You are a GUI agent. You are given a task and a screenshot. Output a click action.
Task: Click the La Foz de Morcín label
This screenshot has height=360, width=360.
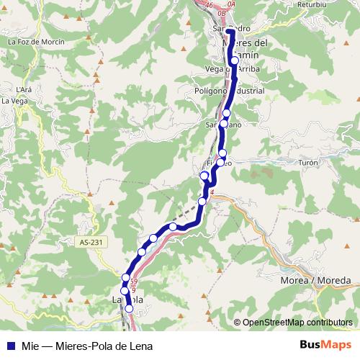[x=35, y=42]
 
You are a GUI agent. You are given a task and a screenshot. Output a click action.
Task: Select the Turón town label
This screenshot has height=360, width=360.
[x=308, y=163]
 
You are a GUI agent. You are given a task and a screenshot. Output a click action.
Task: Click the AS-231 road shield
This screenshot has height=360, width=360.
[x=89, y=243]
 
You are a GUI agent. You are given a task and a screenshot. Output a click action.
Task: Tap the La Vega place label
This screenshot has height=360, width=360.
[x=15, y=102]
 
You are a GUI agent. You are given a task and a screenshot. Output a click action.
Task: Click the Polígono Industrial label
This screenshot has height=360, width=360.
[x=230, y=91]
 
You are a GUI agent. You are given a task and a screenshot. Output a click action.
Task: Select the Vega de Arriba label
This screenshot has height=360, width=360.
[x=232, y=68]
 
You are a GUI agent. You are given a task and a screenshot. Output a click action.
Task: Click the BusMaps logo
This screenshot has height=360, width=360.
[x=321, y=346]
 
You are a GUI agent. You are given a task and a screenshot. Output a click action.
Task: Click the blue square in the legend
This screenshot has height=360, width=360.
[x=10, y=346]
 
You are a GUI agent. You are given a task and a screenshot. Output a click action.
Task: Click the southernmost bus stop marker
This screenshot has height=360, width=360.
[x=130, y=309]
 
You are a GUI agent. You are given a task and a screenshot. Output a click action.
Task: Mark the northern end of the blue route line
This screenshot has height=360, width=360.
[x=229, y=31]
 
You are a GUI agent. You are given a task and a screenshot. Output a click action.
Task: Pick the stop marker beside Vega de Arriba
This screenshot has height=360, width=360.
[x=234, y=61]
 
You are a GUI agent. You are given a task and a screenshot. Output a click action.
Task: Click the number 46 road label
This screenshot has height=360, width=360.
[x=209, y=5]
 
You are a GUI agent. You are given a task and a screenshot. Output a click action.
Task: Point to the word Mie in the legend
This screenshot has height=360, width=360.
[x=29, y=346]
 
